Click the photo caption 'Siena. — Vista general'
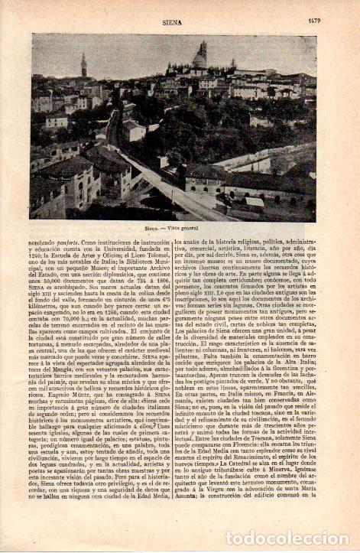[x=174, y=228]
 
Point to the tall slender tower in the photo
[x=84, y=66]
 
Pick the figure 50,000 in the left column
[x=55, y=282]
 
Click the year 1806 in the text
[x=160, y=282]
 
